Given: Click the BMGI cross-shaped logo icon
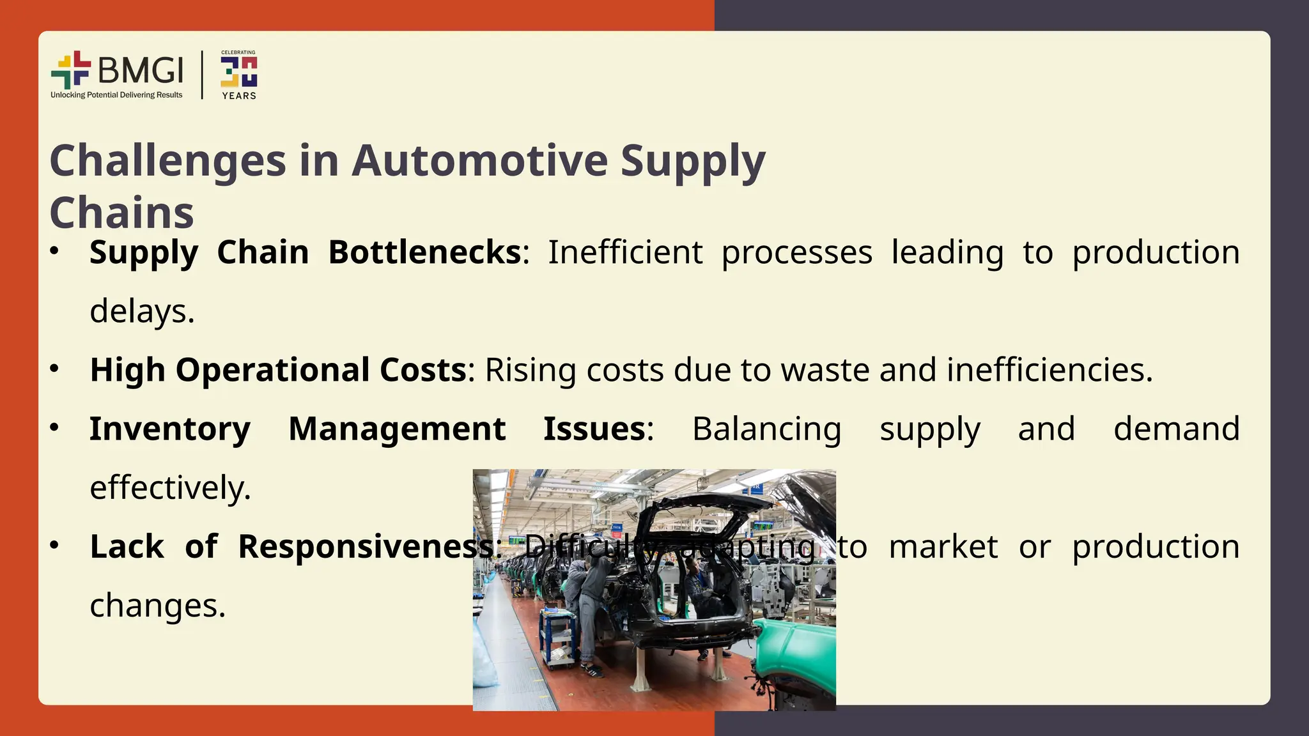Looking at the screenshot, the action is [71, 70].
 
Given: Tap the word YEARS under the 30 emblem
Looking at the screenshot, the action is [239, 96].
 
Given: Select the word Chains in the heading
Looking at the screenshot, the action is [121, 213].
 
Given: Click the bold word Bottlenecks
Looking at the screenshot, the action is [425, 252].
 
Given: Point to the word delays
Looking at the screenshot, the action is [142, 311].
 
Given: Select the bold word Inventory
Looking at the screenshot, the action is [170, 429].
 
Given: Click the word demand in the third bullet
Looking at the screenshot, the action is [1176, 429].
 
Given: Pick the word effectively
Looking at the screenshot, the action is [170, 487].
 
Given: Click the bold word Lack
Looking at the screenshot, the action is [127, 547].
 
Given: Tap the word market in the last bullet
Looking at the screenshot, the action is [943, 547].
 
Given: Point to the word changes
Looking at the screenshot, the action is [157, 606].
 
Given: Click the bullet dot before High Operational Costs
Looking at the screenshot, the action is [54, 369].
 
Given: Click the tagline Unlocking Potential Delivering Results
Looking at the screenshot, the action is [116, 95].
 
